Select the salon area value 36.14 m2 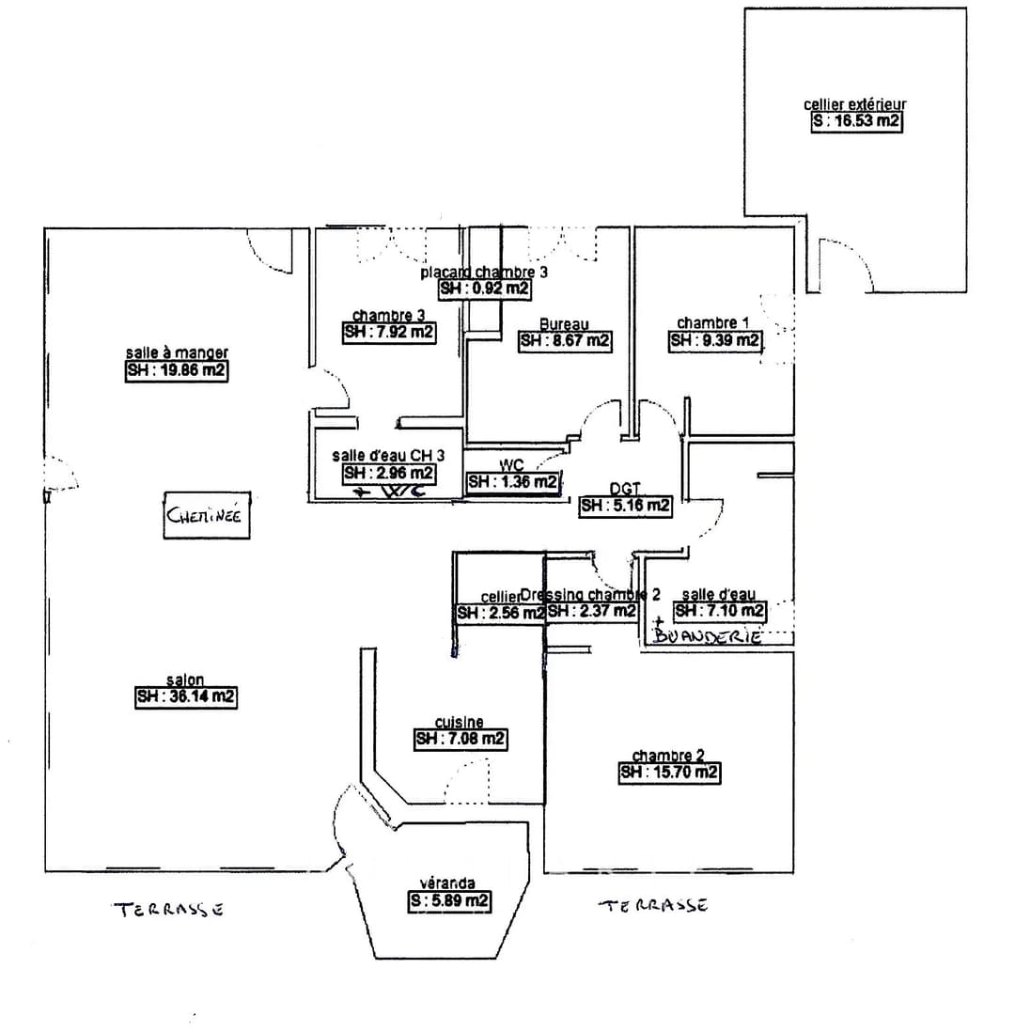coord(185,697)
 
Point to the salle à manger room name coord(177,353)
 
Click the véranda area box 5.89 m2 coord(447,900)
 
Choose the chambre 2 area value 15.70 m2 coord(669,773)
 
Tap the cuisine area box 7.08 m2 coord(461,740)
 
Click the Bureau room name coord(564,324)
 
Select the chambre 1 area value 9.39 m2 coord(714,341)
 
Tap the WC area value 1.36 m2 coord(513,482)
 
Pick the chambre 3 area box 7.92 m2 coord(388,332)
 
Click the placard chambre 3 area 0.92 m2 coord(484,289)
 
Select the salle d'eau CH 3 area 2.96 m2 coord(388,473)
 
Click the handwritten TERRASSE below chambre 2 coord(654,905)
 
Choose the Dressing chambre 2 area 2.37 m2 coord(592,612)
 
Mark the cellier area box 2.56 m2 coord(500,613)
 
